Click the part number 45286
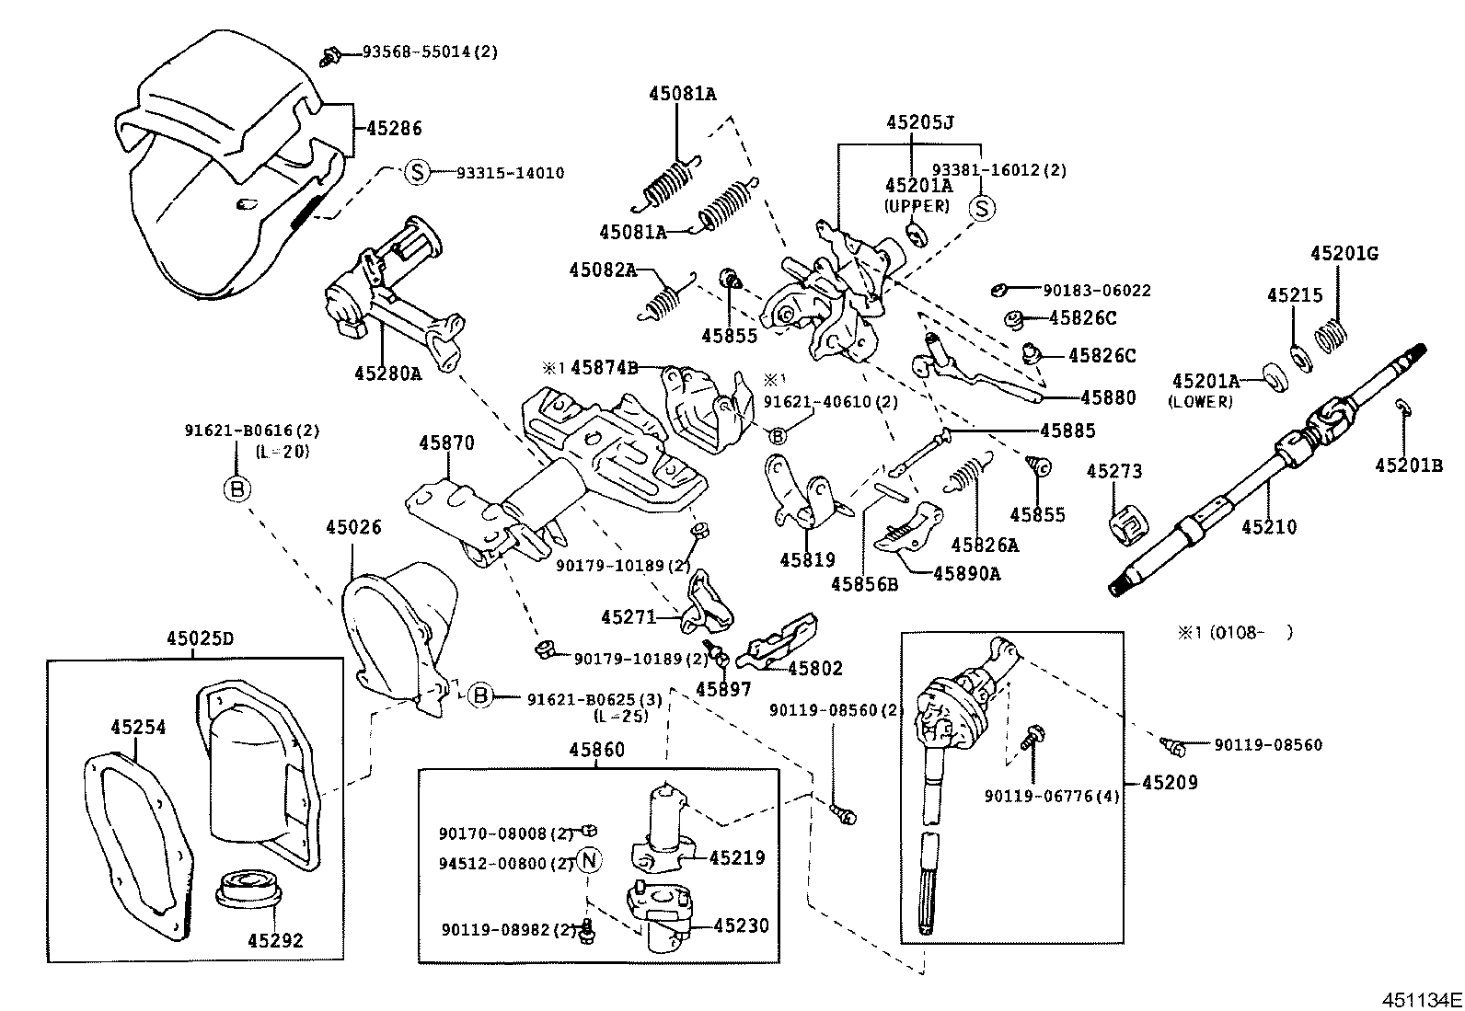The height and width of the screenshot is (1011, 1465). (x=394, y=129)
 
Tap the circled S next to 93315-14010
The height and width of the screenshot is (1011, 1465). (x=418, y=172)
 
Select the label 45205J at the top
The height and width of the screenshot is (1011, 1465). (x=919, y=122)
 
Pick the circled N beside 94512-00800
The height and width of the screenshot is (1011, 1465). (x=589, y=862)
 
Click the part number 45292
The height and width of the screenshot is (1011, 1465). (x=275, y=941)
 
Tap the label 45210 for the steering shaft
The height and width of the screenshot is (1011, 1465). (x=1268, y=527)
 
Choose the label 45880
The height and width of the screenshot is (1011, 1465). (x=1108, y=397)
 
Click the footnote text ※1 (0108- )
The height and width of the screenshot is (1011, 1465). (x=1234, y=632)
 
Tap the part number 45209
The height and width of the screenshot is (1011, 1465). (x=1170, y=783)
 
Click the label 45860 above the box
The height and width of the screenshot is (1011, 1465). (x=596, y=749)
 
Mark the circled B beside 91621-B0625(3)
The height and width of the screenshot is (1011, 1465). (x=480, y=695)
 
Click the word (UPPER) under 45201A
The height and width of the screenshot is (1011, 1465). (x=917, y=206)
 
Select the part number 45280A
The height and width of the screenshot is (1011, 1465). (x=387, y=373)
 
